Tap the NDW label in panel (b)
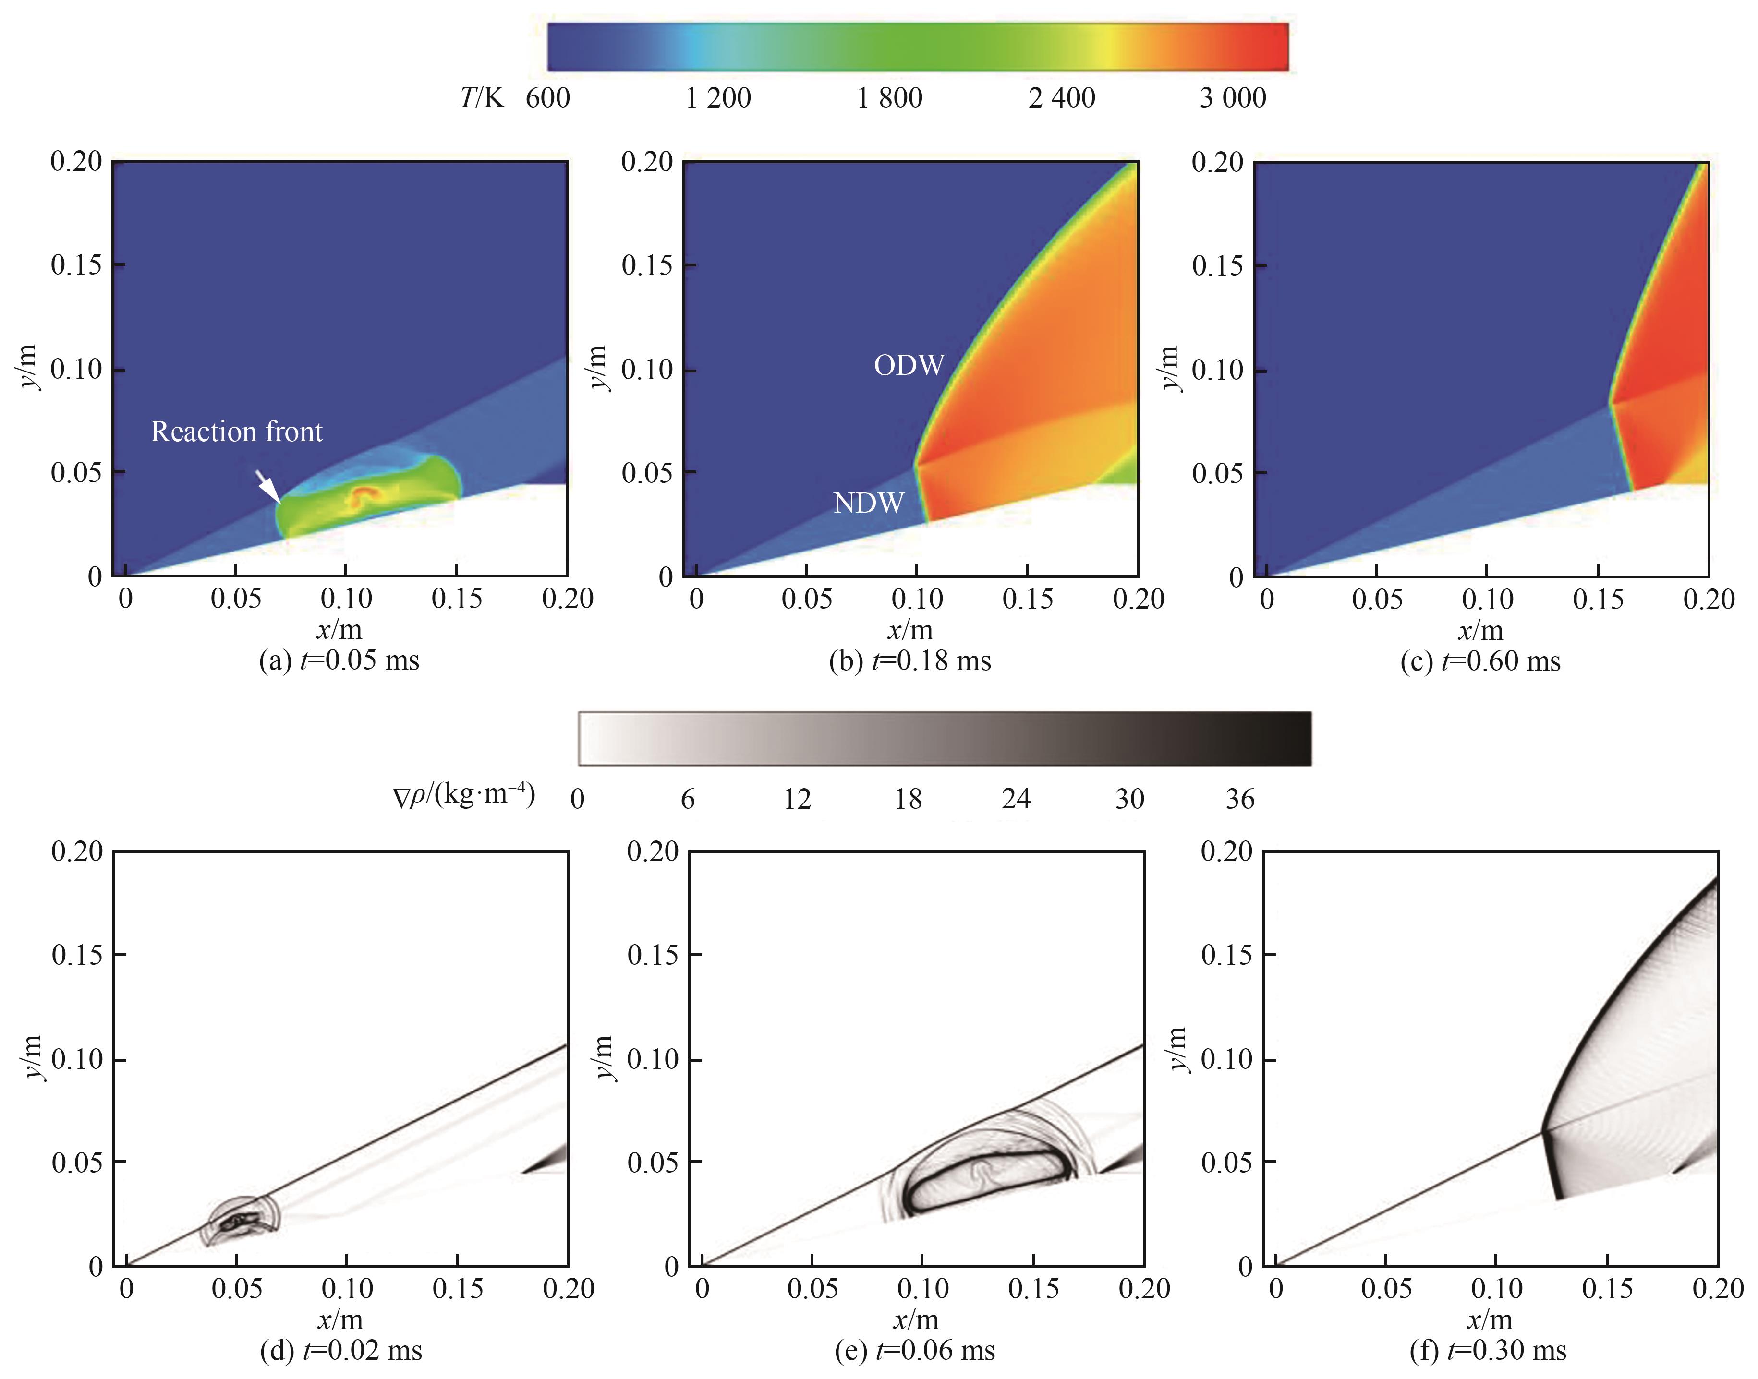pos(868,503)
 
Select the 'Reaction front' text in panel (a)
pos(237,432)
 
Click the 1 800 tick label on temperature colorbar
pos(889,98)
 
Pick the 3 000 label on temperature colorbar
pos(1232,98)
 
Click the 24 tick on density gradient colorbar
pos(1016,799)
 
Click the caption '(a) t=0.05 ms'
pos(339,660)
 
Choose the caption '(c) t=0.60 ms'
pos(1480,660)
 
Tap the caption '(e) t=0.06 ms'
pos(915,1350)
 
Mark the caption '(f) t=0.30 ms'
pos(1488,1350)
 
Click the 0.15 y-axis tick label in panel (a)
pos(77,265)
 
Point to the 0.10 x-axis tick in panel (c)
pos(1487,599)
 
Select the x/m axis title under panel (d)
pos(340,1319)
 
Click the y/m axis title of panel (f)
pos(1178,1050)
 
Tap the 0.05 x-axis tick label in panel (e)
pos(812,1289)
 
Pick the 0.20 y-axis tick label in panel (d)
pos(77,852)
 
